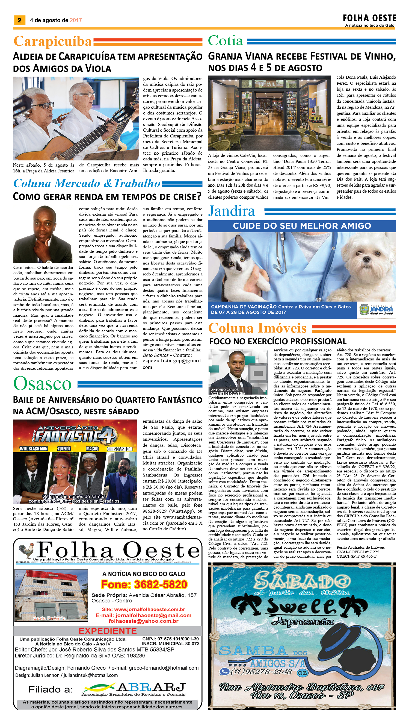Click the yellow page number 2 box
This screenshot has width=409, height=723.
(x=19, y=20)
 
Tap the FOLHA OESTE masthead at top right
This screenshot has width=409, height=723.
(x=369, y=19)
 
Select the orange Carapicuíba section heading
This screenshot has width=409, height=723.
(x=52, y=41)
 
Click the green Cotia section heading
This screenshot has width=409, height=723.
(x=225, y=41)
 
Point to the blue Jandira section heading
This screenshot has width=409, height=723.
(x=232, y=211)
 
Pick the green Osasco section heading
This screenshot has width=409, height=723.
(x=43, y=384)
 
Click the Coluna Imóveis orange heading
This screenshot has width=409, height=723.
(x=257, y=328)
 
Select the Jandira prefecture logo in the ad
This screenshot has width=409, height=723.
(x=376, y=310)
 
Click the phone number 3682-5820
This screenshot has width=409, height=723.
(x=144, y=584)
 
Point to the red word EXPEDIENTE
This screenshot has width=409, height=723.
(x=108, y=631)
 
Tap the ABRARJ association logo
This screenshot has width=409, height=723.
(x=134, y=688)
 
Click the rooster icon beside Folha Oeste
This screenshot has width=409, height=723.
(x=26, y=551)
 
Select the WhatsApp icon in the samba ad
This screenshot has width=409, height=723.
(x=224, y=672)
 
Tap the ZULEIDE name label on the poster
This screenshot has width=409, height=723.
(x=64, y=449)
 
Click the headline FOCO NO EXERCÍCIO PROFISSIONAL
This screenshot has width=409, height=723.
(x=278, y=341)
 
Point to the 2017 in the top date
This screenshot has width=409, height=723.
(x=76, y=20)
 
